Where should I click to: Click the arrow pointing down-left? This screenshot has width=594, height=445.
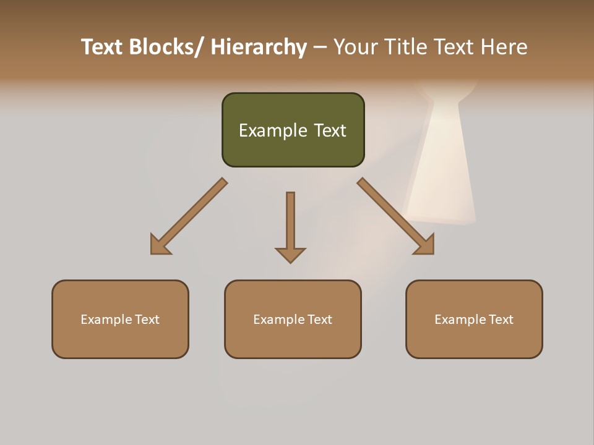(x=189, y=216)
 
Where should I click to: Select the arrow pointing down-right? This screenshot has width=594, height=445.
(x=395, y=216)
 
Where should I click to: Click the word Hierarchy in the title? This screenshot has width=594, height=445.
(x=259, y=47)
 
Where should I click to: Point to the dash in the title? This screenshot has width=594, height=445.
(x=320, y=48)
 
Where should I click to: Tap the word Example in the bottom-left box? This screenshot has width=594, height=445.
(x=106, y=320)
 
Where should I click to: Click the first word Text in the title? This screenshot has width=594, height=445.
(x=103, y=47)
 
